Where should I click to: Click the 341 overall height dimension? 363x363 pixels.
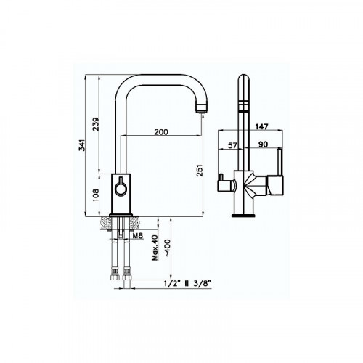(x=83, y=145)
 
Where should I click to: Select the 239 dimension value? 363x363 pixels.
(x=96, y=124)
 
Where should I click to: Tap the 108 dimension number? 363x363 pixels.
(x=96, y=195)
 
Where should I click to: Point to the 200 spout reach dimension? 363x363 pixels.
(x=161, y=132)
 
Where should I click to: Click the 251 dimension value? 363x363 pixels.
(x=199, y=171)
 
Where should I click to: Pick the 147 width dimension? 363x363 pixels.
(x=262, y=126)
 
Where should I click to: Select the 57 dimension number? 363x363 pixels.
(x=232, y=145)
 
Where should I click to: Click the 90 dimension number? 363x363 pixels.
(x=264, y=144)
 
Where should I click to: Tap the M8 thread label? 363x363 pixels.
(x=138, y=235)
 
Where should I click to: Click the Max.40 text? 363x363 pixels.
(x=155, y=248)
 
